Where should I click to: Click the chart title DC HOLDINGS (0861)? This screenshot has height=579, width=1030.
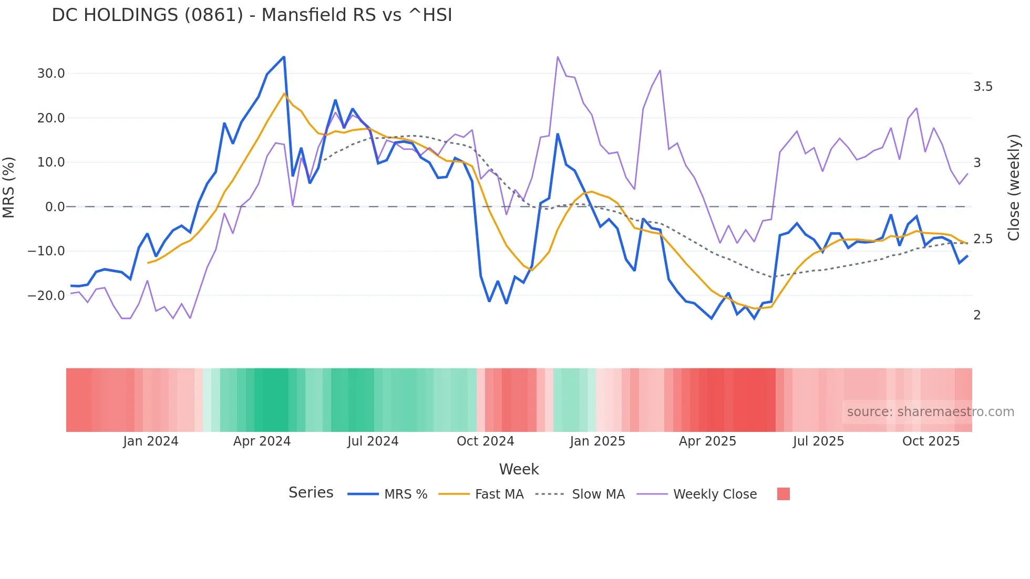[252, 15]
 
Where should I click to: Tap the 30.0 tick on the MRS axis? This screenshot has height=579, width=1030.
[51, 74]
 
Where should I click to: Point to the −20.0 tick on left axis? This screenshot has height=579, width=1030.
[46, 296]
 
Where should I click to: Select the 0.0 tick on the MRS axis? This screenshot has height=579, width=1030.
[55, 207]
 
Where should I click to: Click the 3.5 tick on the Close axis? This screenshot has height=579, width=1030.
[983, 87]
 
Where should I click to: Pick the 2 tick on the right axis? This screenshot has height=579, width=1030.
[977, 315]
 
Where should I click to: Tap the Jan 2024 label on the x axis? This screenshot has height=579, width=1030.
[151, 441]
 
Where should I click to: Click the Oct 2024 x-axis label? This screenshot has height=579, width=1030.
[485, 441]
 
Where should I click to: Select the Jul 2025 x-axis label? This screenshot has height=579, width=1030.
[818, 441]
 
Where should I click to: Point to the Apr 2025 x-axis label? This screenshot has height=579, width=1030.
[707, 441]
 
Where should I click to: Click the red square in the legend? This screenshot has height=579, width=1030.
[783, 494]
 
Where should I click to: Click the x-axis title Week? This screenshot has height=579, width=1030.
[519, 469]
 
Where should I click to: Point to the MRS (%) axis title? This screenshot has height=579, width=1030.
[9, 188]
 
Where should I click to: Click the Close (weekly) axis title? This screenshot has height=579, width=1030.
[1014, 188]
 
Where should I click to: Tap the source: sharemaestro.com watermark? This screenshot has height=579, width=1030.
[930, 412]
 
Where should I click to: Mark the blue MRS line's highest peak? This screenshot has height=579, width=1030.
[284, 57]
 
